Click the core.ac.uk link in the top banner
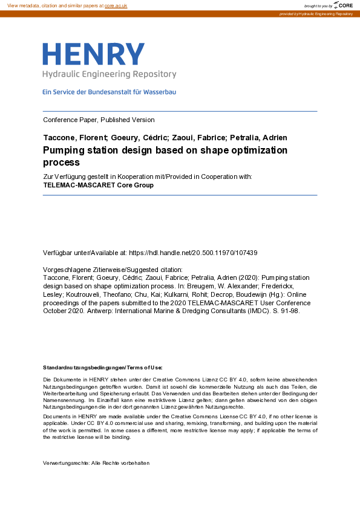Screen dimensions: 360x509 pyautogui.click(x=116, y=5)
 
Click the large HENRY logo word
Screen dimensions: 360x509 pyautogui.click(x=94, y=55)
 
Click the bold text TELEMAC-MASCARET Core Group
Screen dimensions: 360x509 pyautogui.click(x=99, y=185)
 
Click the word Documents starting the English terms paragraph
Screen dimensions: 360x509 pyautogui.click(x=57, y=417)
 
